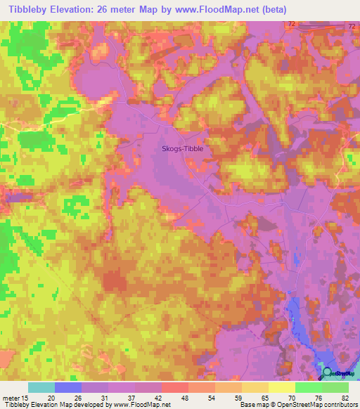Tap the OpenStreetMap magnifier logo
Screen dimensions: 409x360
click(x=328, y=372)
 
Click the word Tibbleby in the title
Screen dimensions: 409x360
click(x=29, y=9)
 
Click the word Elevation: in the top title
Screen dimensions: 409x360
click(x=84, y=9)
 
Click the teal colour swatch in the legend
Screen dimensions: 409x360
click(x=41, y=387)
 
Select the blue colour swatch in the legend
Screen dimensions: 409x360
click(x=68, y=387)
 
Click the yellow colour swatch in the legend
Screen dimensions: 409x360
click(x=282, y=387)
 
